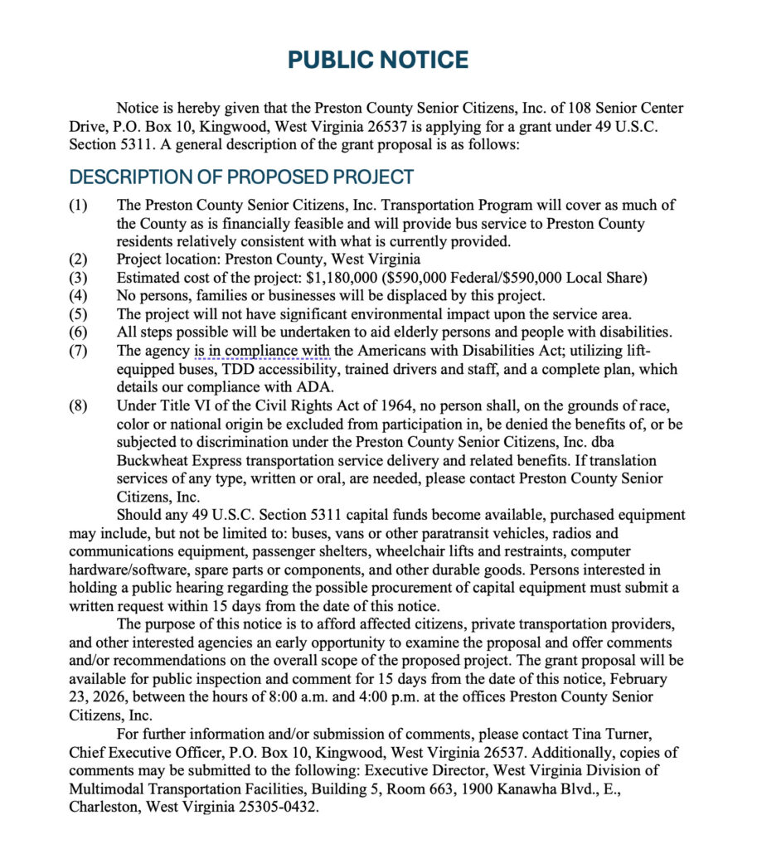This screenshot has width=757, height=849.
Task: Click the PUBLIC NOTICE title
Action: coord(378,60)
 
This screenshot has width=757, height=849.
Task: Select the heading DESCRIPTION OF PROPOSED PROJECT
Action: coord(241,177)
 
